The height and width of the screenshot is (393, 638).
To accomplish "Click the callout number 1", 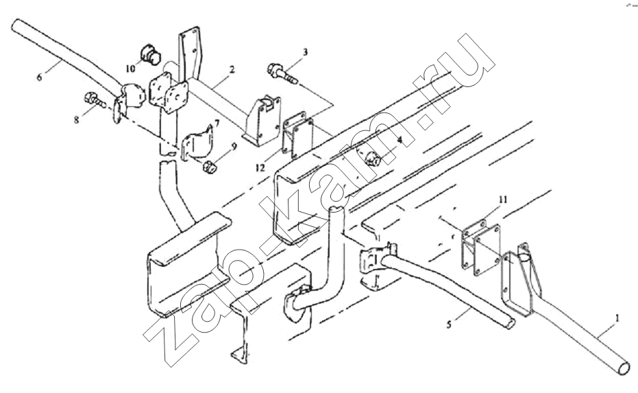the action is pyautogui.click(x=617, y=318).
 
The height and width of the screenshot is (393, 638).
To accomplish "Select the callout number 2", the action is pyautogui.click(x=232, y=69).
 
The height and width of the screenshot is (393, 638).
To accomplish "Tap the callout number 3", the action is pyautogui.click(x=305, y=51).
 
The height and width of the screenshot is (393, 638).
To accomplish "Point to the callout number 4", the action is pyautogui.click(x=400, y=140).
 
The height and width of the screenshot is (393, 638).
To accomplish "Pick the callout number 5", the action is pyautogui.click(x=449, y=324).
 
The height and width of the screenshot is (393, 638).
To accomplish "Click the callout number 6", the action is pyautogui.click(x=39, y=77).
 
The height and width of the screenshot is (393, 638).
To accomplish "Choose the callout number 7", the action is pyautogui.click(x=217, y=123).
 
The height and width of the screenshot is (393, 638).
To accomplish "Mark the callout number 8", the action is pyautogui.click(x=77, y=120).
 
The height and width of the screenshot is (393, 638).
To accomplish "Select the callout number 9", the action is pyautogui.click(x=234, y=146).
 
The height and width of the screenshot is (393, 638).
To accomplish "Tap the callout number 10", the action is pyautogui.click(x=130, y=69).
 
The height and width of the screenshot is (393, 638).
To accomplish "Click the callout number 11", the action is pyautogui.click(x=503, y=200).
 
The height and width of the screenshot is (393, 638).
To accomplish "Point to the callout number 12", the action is pyautogui.click(x=260, y=167).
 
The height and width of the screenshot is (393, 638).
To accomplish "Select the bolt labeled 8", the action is pyautogui.click(x=95, y=100).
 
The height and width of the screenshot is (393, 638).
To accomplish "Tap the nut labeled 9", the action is pyautogui.click(x=209, y=167).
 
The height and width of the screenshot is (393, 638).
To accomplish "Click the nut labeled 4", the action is pyautogui.click(x=373, y=160).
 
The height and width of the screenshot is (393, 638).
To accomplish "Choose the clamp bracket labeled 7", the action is pyautogui.click(x=197, y=144).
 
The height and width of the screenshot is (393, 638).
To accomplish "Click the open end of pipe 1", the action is pyautogui.click(x=624, y=368).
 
